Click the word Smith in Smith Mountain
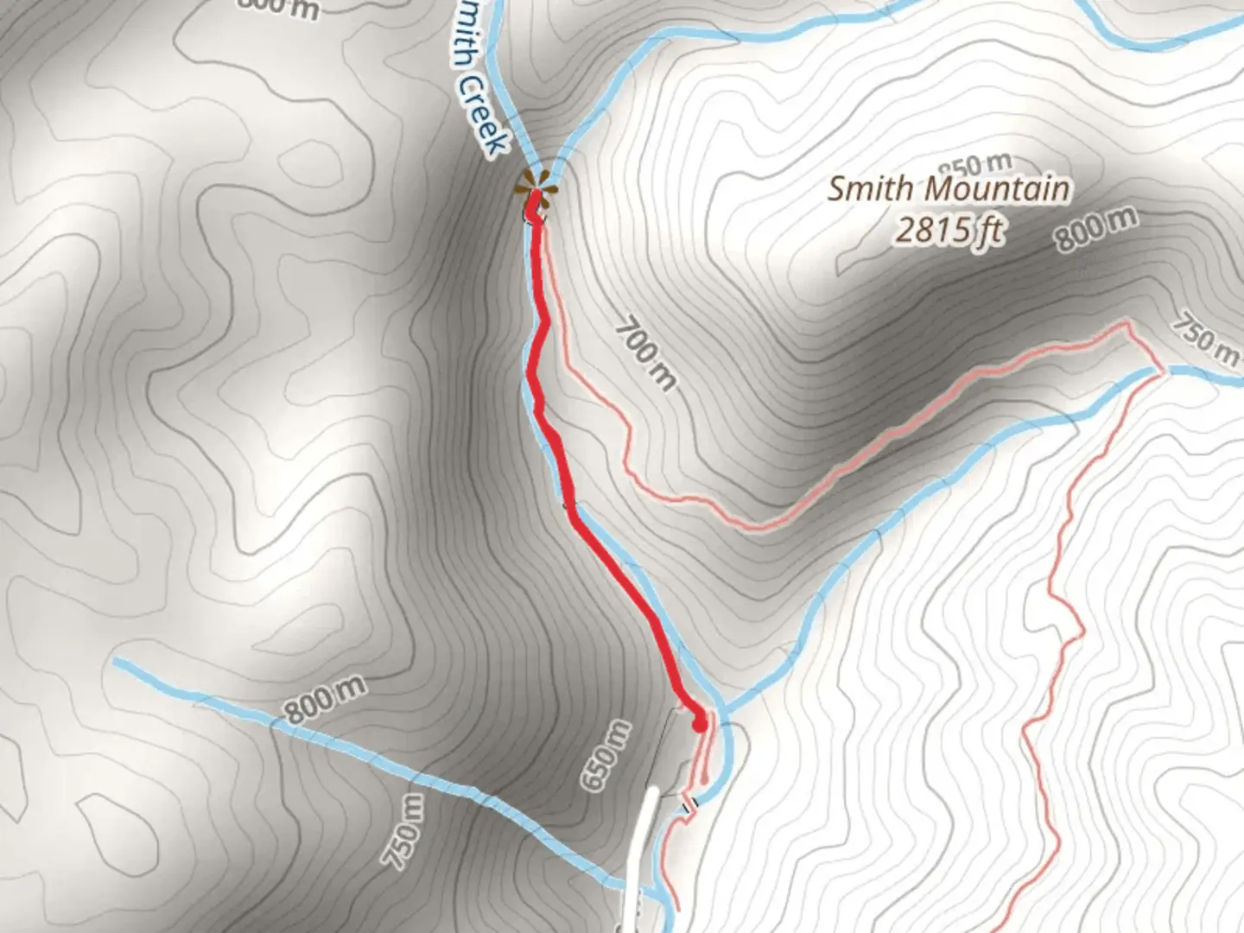869,188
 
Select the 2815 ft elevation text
949,230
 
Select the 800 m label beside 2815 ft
1095,228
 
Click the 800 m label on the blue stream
326,698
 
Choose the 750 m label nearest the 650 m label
404,830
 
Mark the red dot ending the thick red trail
699,723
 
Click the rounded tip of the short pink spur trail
705,782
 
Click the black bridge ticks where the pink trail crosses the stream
689,805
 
